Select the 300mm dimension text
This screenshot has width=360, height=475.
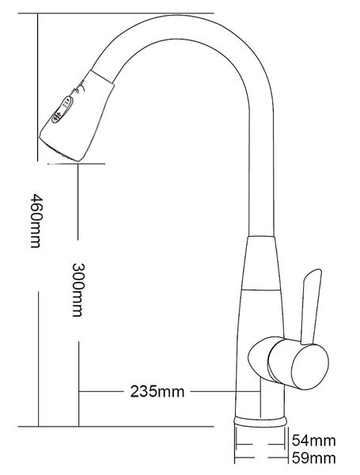click(77, 289)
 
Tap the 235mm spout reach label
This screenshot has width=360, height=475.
click(155, 391)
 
